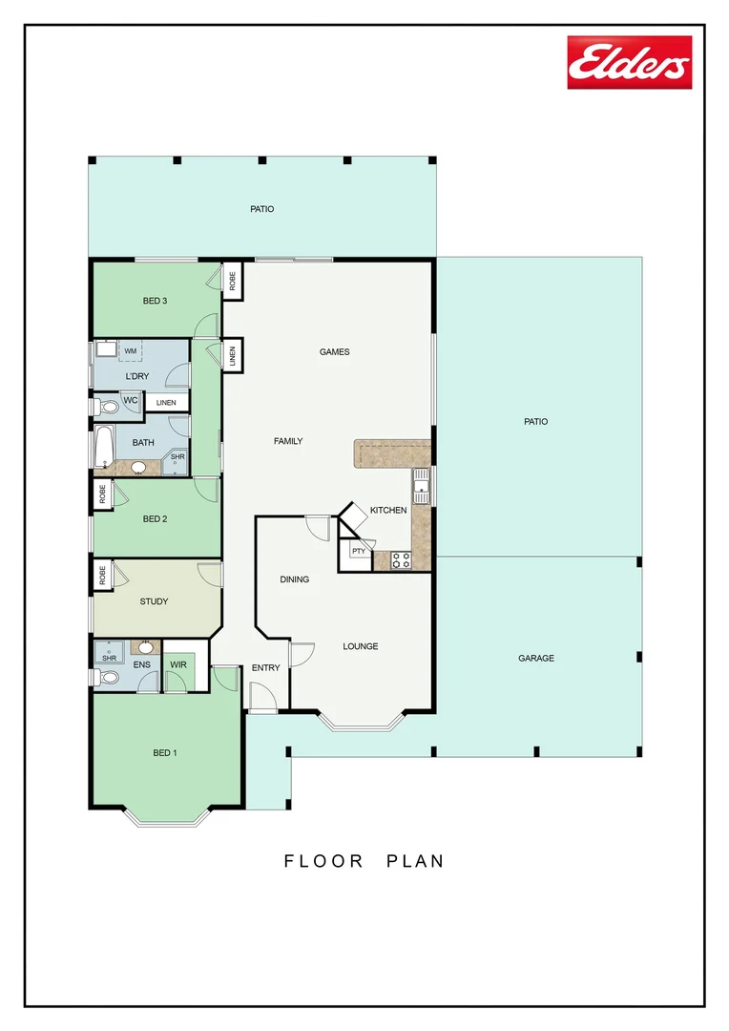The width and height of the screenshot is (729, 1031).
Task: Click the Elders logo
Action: coord(629,63)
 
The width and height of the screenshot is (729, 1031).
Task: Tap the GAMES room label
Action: coord(334,352)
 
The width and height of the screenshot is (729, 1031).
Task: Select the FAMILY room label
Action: coord(288,441)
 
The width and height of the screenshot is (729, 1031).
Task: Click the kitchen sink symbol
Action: coord(421,486)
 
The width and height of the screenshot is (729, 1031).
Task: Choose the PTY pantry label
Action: coord(358,552)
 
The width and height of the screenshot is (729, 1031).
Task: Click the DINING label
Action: coord(294,579)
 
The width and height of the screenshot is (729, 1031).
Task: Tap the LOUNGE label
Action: coord(361,646)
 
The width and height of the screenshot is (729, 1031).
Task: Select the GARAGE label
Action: coord(536,658)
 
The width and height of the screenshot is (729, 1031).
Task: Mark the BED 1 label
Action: coord(165,753)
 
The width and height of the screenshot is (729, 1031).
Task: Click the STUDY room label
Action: coord(154,601)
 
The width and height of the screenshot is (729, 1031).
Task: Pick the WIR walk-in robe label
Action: coord(178,664)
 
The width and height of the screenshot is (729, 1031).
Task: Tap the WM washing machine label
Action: coord(131,351)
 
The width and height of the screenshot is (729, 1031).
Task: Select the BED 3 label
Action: coord(156,301)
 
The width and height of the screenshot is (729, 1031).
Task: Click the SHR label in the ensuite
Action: coord(109,658)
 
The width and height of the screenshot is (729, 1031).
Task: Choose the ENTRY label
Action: coord(265,667)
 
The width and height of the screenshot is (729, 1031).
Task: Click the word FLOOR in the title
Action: coord(323,861)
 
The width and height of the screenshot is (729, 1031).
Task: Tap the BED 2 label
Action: coord(156,519)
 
